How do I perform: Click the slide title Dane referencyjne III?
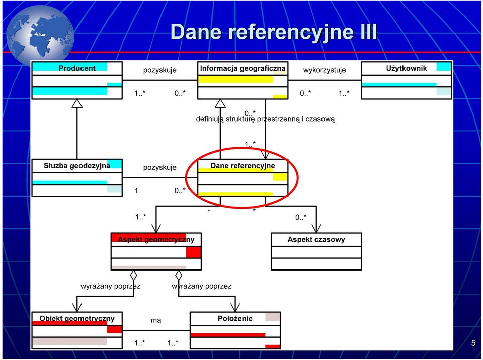(274, 32)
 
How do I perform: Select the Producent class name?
(77, 68)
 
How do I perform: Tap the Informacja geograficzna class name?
(243, 68)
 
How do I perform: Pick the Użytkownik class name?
(407, 68)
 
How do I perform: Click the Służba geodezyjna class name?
(77, 166)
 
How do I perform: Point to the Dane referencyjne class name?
(243, 166)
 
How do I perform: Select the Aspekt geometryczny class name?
(156, 240)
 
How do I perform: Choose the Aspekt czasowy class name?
(316, 240)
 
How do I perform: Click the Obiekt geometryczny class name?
(77, 318)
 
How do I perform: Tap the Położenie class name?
(235, 318)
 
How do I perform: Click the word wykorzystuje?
(325, 70)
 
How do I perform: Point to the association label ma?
(156, 321)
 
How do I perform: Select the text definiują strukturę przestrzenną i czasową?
(265, 119)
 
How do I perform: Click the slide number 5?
(473, 343)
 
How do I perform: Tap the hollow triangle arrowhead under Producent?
(77, 103)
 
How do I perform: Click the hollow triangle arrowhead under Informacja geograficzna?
(220, 103)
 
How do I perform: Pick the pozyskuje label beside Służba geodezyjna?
(159, 168)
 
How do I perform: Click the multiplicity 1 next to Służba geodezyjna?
(136, 191)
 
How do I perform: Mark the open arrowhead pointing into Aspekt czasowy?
(316, 228)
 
